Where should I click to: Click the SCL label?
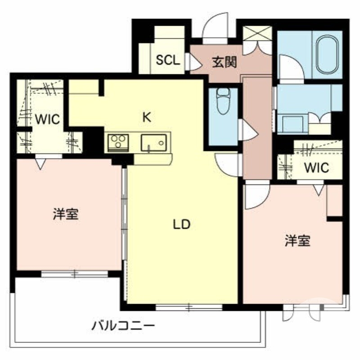click(168, 60)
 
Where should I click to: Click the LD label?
click(182, 224)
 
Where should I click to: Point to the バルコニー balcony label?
click(123, 325)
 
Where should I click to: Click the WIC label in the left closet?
click(48, 120)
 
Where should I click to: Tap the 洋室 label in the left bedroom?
click(66, 214)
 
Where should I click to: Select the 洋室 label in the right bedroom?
click(297, 241)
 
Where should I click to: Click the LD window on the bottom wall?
click(189, 308)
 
